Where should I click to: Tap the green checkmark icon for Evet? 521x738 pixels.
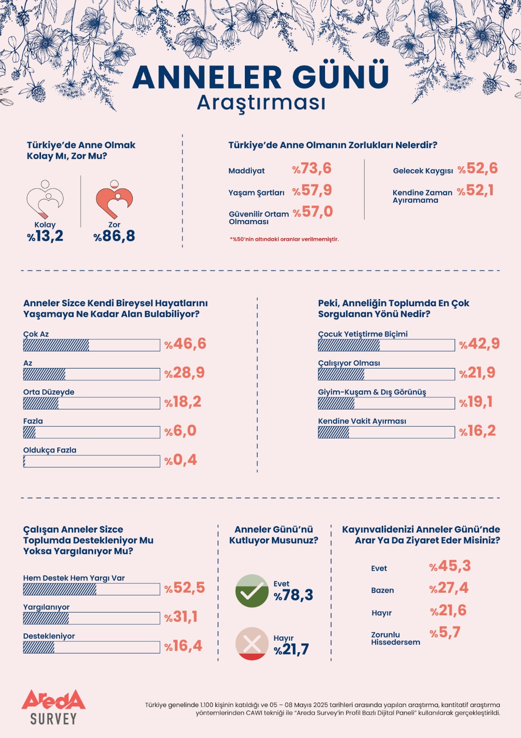coord(252,591)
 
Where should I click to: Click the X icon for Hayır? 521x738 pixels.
coord(252,643)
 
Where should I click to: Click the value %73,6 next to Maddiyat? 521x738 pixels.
coord(312,168)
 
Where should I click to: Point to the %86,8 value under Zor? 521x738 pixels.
coord(114,236)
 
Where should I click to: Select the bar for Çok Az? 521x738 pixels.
coord(91,345)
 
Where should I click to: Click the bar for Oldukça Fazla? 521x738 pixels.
coord(91,461)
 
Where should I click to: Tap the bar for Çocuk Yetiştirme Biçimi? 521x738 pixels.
coord(386,345)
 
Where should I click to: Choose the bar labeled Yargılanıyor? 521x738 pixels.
coord(91,618)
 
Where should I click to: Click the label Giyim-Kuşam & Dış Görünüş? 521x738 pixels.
coord(372,392)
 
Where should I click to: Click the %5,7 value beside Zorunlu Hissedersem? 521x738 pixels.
coord(445,632)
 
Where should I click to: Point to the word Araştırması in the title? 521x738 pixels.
coord(261,103)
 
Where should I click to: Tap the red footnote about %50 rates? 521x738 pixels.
coord(284,239)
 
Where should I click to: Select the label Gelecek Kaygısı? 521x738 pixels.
coord(423,171)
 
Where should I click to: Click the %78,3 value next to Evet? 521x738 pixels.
coord(294,595)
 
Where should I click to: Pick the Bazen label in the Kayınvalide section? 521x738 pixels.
coord(382,590)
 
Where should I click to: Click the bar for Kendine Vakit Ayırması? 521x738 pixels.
coord(386,432)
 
